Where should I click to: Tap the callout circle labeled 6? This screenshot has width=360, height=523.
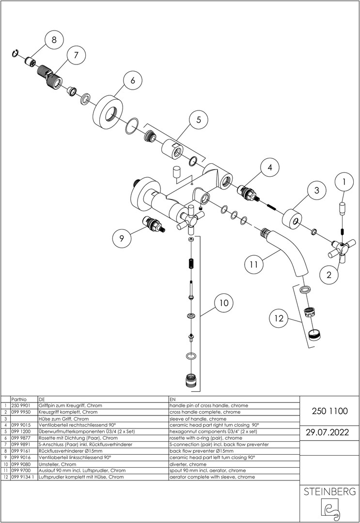click(x=132, y=81)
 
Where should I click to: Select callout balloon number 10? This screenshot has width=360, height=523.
click(x=223, y=304)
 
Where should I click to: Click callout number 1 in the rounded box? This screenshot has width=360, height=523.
click(x=344, y=183)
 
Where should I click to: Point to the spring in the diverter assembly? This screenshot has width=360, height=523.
click(x=191, y=265)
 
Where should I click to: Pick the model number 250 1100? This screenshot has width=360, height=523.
click(x=330, y=411)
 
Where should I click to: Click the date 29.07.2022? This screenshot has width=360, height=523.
click(x=330, y=432)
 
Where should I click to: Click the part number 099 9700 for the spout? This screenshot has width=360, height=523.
click(x=20, y=470)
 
